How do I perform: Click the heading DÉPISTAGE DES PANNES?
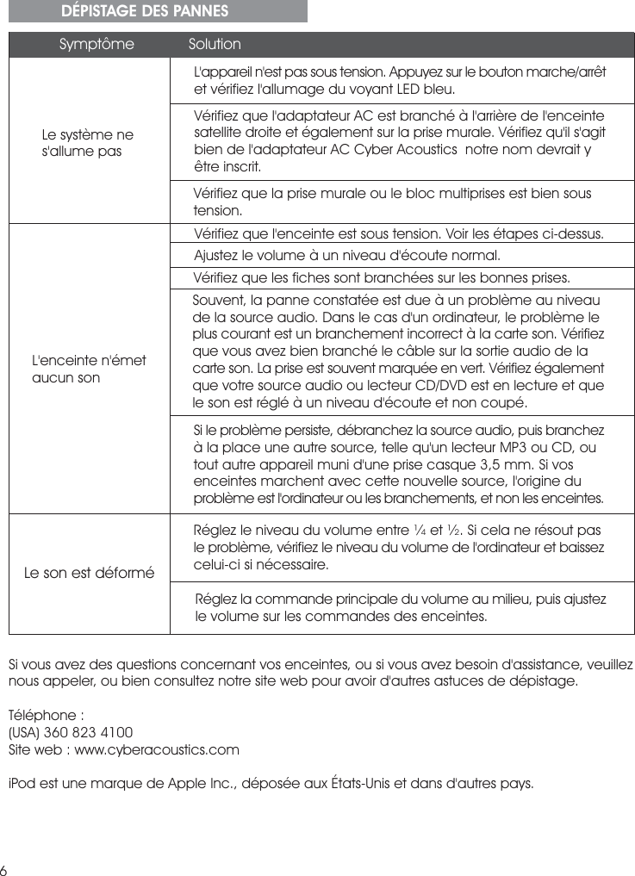pos(145,11)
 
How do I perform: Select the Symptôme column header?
pos(96,44)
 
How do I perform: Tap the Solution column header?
pos(215,44)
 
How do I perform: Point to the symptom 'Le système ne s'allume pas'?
pos(88,144)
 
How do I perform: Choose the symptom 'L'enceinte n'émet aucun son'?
pos(89,369)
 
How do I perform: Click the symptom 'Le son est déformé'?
pos(90,572)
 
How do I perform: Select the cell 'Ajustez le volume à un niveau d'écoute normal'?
pos(347,256)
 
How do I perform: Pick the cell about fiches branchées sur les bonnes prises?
pos(382,278)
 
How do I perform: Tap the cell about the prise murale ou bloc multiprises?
pos(393,202)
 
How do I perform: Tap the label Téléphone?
pos(43,716)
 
